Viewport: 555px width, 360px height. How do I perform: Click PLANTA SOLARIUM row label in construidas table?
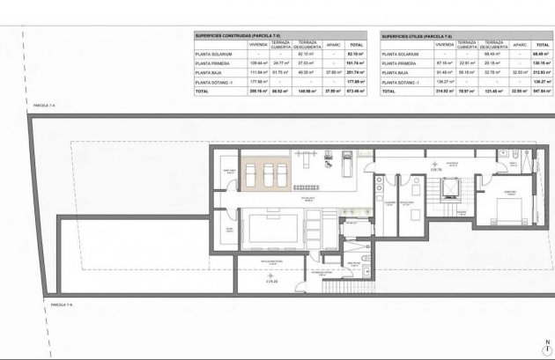pos(214,54)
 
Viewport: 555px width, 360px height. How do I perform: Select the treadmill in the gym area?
pos(347,165)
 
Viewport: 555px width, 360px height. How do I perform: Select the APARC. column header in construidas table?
pos(333,44)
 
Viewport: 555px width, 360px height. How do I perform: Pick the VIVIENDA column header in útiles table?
pos(444,44)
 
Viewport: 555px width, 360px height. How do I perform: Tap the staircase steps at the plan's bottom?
pos(344,287)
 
